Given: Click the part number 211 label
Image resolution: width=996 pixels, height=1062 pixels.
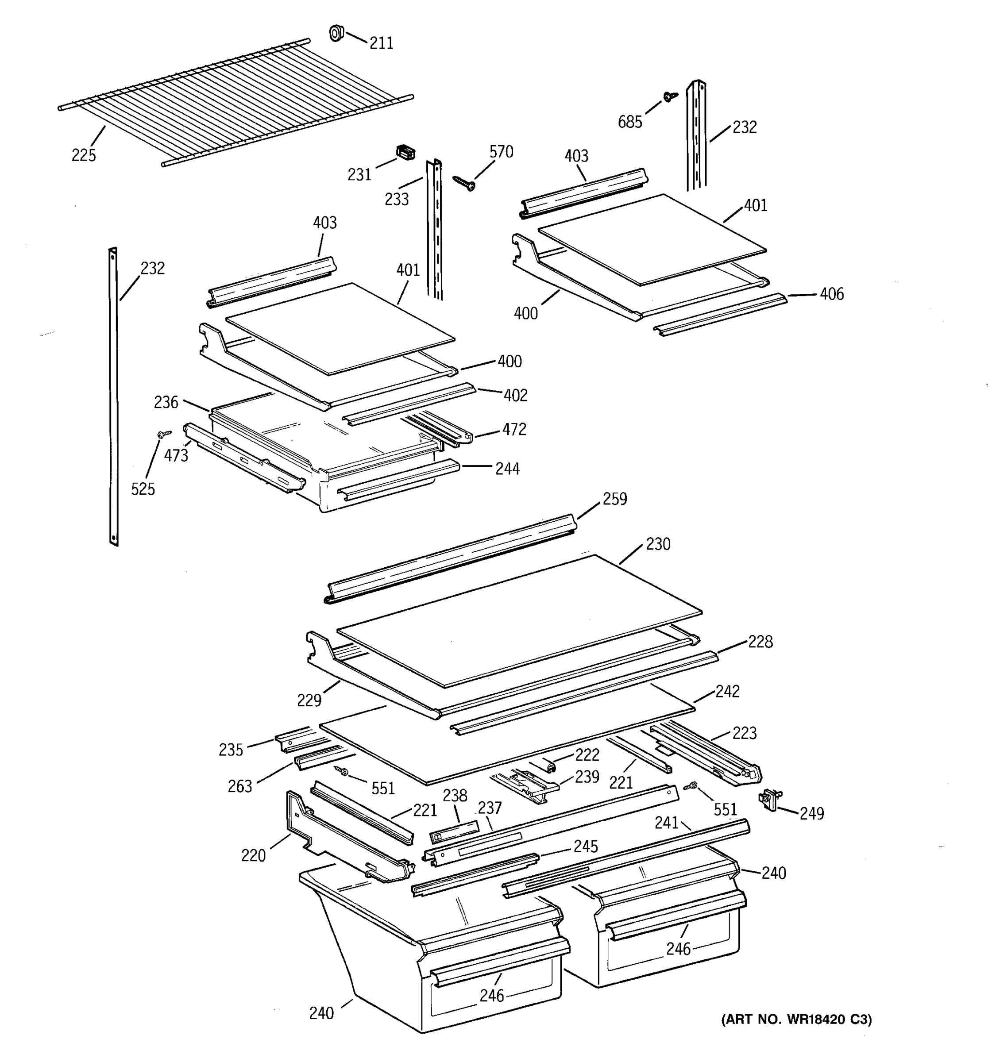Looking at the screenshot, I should click(381, 43).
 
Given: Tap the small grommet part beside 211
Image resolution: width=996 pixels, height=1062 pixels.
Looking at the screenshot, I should click(336, 33).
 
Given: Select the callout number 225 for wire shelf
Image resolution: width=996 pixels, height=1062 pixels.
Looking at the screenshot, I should click(84, 155).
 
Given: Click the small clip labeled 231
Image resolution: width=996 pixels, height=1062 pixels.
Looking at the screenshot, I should click(405, 153).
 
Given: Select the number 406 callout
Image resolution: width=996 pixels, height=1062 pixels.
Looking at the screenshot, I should click(831, 294).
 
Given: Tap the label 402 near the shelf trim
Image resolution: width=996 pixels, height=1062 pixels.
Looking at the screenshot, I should click(515, 395).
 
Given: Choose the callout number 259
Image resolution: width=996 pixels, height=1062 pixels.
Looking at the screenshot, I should click(614, 499).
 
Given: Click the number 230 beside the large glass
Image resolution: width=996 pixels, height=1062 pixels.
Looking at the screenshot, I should click(658, 544).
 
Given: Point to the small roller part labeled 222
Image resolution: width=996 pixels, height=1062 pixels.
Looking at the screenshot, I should click(550, 766).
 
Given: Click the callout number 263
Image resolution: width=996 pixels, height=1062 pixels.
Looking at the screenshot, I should click(240, 786).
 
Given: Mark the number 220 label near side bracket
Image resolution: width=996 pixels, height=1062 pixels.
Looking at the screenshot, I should click(253, 856).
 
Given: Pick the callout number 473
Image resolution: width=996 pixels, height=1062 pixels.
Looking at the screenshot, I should click(176, 456).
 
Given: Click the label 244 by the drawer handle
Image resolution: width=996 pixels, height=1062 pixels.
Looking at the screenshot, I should click(507, 469).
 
